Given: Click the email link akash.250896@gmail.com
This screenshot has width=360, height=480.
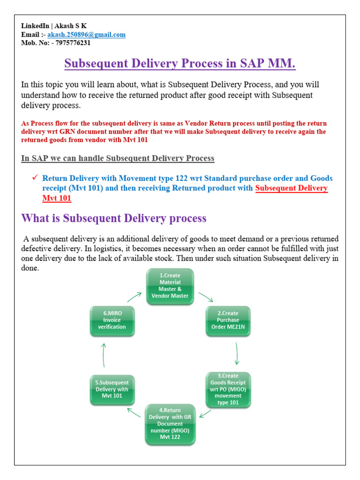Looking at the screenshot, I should pos(86,35).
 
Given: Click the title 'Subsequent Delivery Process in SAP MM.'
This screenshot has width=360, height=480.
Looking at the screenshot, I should pos(180,64).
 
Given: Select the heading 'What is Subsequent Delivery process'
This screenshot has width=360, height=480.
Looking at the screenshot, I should pos(114,218).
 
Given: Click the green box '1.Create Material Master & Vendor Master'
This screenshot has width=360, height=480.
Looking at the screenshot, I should pos(170,286).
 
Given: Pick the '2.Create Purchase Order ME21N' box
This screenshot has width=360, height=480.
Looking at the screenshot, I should pos(228,321).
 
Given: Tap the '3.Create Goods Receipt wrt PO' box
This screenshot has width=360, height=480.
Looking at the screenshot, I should pos(228,389).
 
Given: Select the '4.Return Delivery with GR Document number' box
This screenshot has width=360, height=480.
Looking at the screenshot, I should pos(170,424).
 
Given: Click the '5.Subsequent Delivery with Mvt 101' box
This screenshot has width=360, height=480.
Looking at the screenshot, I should pos(112,389).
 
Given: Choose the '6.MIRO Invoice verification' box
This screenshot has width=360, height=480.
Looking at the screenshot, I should pos(112,321).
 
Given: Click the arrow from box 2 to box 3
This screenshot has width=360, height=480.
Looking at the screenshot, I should pos(237,353).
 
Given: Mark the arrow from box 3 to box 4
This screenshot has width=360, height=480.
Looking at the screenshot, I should pos(204,412).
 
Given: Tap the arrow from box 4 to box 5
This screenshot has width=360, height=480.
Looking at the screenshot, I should pos(134,412).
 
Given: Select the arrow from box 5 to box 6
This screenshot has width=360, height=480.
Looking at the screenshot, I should pos(104,354).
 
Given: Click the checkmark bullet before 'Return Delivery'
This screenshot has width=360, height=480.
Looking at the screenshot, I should pos(34,178).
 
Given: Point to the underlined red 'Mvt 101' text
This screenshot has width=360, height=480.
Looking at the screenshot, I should pos(57,198).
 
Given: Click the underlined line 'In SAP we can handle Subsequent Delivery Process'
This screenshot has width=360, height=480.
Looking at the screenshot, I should pos(118,158).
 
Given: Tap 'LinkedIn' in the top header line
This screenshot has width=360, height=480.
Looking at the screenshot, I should pos(36,26).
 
